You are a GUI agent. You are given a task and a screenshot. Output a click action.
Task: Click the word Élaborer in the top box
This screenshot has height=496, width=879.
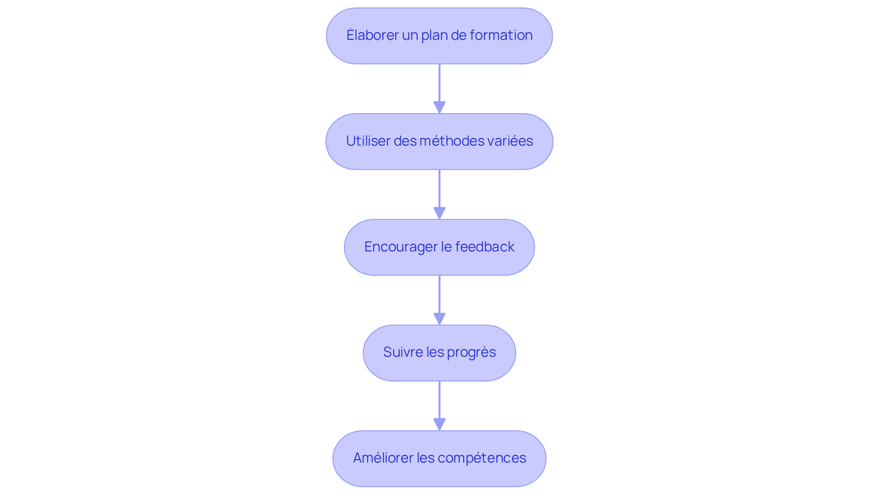(373, 35)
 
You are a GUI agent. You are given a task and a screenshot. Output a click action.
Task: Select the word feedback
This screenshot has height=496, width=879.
(485, 246)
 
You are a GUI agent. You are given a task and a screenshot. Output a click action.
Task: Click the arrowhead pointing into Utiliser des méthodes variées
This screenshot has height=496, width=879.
(439, 108)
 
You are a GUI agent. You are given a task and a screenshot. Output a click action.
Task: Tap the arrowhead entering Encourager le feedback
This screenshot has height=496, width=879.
(439, 213)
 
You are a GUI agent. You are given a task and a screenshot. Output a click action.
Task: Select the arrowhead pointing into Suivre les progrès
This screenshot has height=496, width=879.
(439, 319)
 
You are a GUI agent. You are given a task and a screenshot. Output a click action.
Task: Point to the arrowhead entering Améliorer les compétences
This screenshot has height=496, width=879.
(439, 425)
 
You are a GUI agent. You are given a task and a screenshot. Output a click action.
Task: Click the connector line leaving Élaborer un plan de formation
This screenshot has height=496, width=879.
(439, 83)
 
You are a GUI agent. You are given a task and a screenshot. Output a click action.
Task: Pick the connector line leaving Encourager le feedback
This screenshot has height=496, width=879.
(439, 294)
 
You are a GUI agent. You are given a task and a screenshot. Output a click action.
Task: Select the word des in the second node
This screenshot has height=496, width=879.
(405, 141)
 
